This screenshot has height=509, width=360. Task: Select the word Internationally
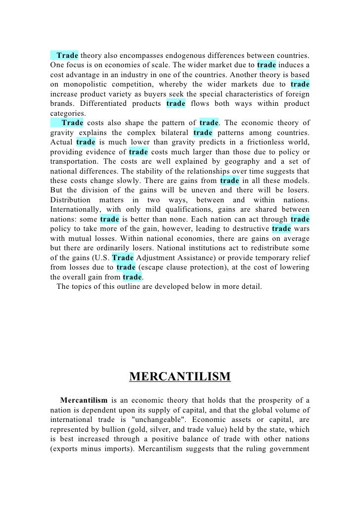(74, 198)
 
